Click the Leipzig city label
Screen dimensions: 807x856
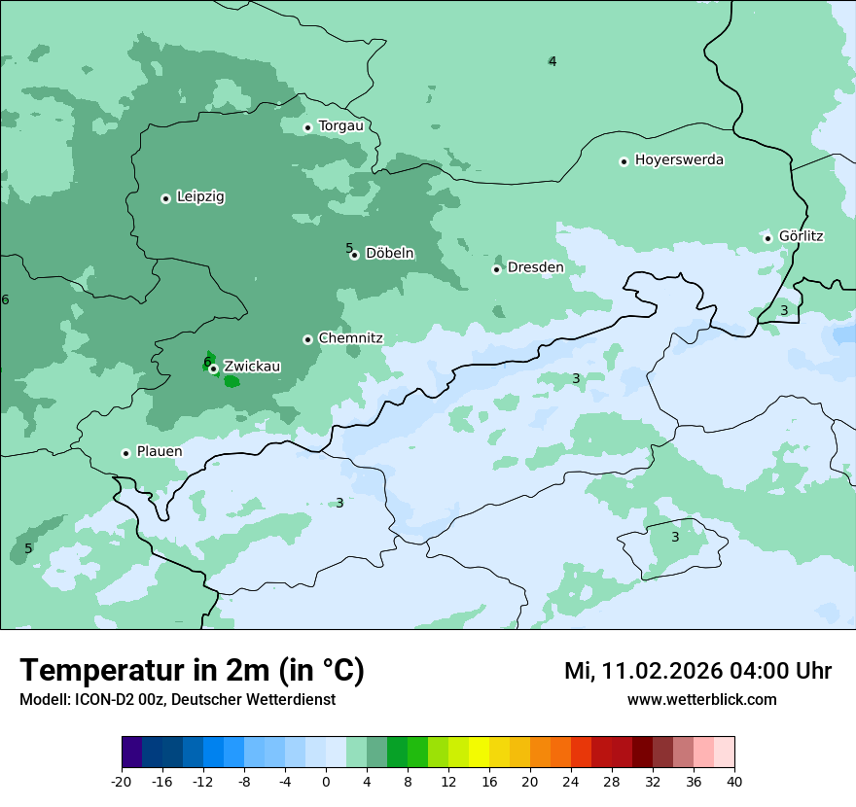pos(200,196)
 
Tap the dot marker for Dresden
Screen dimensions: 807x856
pos(496,269)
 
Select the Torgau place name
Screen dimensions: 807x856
pos(340,125)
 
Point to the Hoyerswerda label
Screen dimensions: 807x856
pos(679,159)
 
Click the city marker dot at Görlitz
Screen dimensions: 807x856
pos(767,238)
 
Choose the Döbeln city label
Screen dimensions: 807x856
pos(389,253)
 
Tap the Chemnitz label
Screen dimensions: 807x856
pos(350,338)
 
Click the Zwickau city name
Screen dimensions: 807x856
pos(252,367)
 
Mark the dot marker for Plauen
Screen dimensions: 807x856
pos(125,453)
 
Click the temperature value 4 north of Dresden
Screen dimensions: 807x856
pos(552,61)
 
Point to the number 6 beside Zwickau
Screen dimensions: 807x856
pos(207,362)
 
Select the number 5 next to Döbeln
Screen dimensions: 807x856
pos(349,248)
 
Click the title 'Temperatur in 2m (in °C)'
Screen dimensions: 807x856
pos(193,670)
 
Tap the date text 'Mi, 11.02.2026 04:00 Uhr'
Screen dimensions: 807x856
pos(697,671)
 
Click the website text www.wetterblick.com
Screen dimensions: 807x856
pos(701,699)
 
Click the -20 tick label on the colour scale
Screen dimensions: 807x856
pos(122,781)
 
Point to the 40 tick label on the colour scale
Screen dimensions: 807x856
pos(734,781)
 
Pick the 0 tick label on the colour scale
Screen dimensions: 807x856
pos(326,781)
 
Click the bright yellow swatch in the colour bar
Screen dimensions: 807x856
pos(479,753)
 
